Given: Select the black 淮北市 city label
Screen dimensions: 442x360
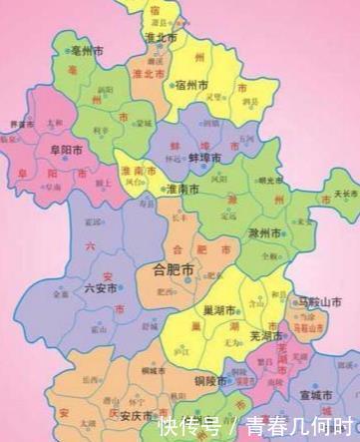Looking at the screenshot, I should (160, 37).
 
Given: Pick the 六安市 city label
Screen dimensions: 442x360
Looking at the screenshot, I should (104, 287).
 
